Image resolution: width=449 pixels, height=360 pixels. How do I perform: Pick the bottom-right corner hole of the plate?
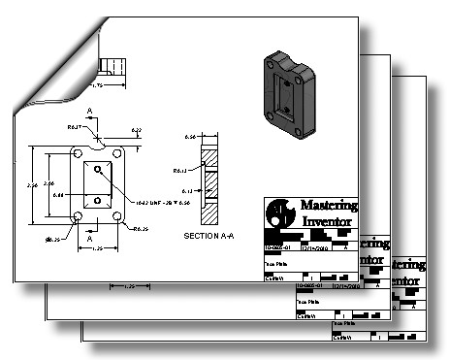117,216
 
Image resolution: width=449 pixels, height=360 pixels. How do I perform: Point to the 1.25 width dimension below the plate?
98,248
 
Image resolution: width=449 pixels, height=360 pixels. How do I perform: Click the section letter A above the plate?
89,113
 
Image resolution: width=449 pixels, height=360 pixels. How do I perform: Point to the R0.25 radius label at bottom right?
141,229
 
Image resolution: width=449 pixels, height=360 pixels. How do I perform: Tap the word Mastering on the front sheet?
329,206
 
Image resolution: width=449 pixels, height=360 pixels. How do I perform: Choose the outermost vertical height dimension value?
31,184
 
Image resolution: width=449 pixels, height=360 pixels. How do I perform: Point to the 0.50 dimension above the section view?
191,138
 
